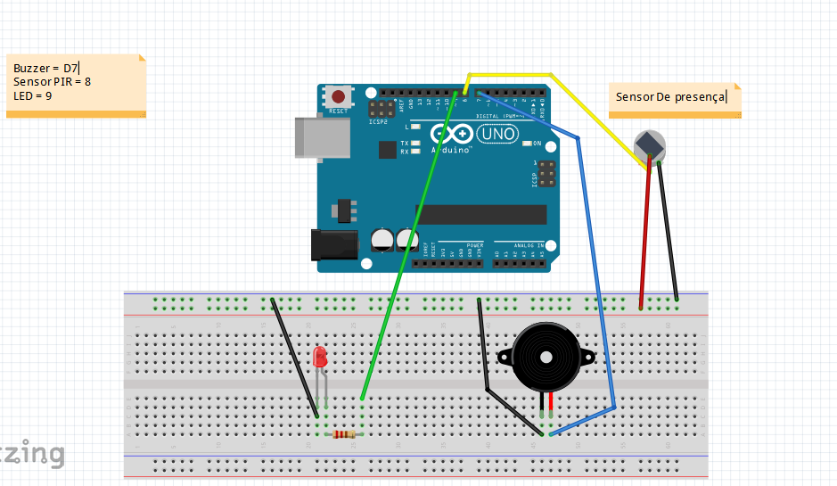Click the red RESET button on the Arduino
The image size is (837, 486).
click(x=338, y=96)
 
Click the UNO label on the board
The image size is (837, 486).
click(x=496, y=134)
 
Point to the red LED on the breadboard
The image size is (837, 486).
click(x=321, y=358)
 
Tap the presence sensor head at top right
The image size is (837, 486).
click(x=649, y=144)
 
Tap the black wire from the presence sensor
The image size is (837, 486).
click(x=668, y=232)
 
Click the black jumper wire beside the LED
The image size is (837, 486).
click(x=294, y=357)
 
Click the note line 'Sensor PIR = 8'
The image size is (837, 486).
click(x=52, y=81)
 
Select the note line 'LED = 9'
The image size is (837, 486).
click(x=32, y=95)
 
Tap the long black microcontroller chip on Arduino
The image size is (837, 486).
click(x=480, y=214)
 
